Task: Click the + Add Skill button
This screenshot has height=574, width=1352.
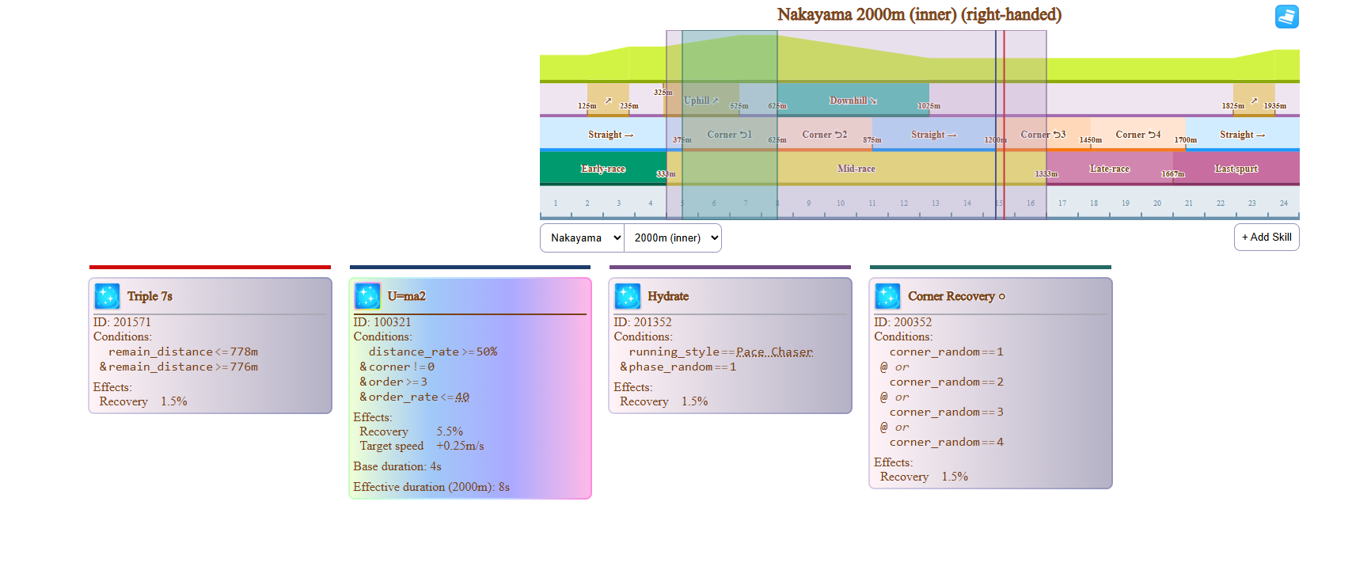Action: point(1266,238)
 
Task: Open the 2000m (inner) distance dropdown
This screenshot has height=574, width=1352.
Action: point(673,238)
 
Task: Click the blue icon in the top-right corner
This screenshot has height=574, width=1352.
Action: point(1286,17)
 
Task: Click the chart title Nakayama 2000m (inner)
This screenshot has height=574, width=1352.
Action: point(918,15)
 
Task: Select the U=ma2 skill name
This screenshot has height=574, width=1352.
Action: point(406,296)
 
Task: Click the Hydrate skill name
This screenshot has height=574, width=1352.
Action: point(668,296)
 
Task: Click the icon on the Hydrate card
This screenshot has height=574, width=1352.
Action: point(628,296)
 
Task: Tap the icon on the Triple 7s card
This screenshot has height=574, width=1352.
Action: point(107,296)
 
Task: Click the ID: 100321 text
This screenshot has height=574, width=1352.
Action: point(382,322)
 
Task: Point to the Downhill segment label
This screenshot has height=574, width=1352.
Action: point(853,101)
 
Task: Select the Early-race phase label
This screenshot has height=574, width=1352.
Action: point(602,169)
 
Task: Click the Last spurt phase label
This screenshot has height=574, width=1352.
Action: point(1236,169)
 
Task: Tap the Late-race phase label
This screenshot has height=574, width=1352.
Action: point(1109,169)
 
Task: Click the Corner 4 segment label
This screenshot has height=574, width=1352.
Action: point(1137,135)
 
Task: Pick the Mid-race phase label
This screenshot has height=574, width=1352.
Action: point(856,169)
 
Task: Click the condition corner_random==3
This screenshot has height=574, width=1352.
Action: point(946,412)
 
